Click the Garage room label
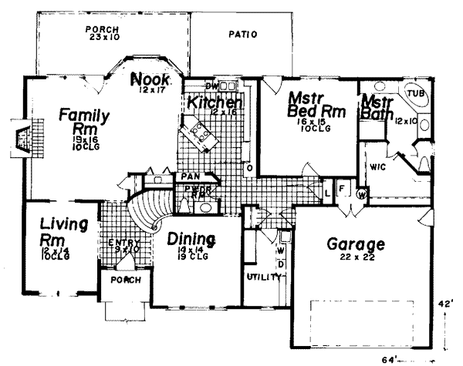point(355,245)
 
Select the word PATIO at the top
point(243,35)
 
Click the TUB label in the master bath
point(416,93)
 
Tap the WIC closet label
point(377,166)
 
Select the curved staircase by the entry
point(146,212)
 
